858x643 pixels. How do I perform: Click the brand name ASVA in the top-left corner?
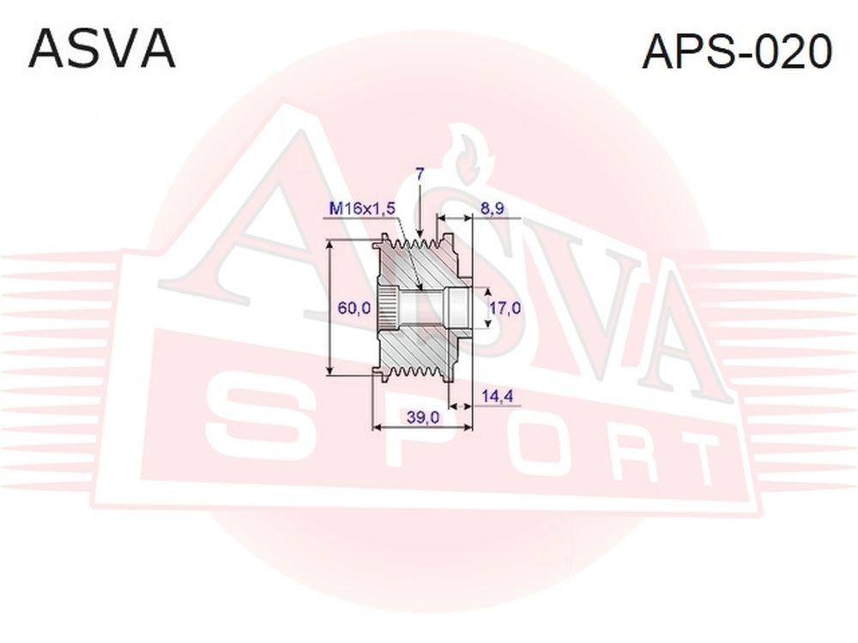tap(102, 50)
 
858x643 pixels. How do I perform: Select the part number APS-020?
tap(736, 51)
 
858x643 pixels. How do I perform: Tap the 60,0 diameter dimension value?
tap(354, 309)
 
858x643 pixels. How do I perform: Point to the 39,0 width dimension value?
tap(423, 417)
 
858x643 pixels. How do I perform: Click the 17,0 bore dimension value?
tap(505, 309)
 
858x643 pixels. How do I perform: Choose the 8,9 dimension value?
tap(492, 208)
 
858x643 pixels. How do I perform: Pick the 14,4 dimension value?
tap(497, 396)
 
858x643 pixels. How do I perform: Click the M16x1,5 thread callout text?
tap(362, 208)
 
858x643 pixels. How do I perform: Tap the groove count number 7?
tap(420, 175)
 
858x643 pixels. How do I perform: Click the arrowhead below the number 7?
tap(420, 233)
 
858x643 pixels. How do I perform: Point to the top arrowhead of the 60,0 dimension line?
tap(329, 246)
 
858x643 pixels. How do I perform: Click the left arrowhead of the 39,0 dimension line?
tap(378, 427)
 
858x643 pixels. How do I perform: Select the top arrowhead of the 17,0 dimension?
tap(489, 293)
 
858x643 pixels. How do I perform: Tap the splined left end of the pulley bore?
tap(388, 308)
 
